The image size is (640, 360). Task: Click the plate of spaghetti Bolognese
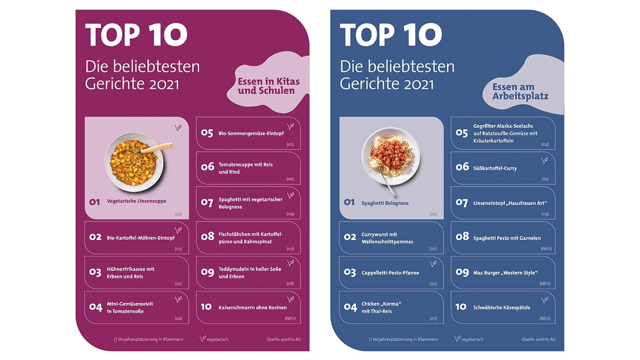point(391,157)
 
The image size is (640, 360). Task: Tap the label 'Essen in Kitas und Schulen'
point(268,86)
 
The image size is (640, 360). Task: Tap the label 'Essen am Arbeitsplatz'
point(520,91)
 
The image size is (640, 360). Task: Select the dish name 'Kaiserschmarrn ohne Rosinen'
point(253,308)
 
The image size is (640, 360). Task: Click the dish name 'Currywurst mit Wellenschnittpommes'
point(387,238)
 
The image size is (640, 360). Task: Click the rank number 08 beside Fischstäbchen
point(207,236)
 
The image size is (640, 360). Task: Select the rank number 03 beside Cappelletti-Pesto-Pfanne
point(350,272)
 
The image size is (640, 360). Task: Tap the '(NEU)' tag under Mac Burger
point(545,284)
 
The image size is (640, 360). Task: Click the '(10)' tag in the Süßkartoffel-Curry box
point(545,179)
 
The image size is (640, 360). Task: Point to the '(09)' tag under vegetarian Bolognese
point(290,214)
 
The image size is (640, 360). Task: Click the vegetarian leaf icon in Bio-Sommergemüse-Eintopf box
point(290,127)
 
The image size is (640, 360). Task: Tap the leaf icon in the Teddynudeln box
point(290,263)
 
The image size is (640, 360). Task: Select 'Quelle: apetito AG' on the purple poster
point(283,339)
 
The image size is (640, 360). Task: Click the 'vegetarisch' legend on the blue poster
point(469,339)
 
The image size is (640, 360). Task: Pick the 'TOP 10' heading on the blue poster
point(391,35)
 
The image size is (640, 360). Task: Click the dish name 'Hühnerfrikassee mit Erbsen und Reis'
point(131,273)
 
